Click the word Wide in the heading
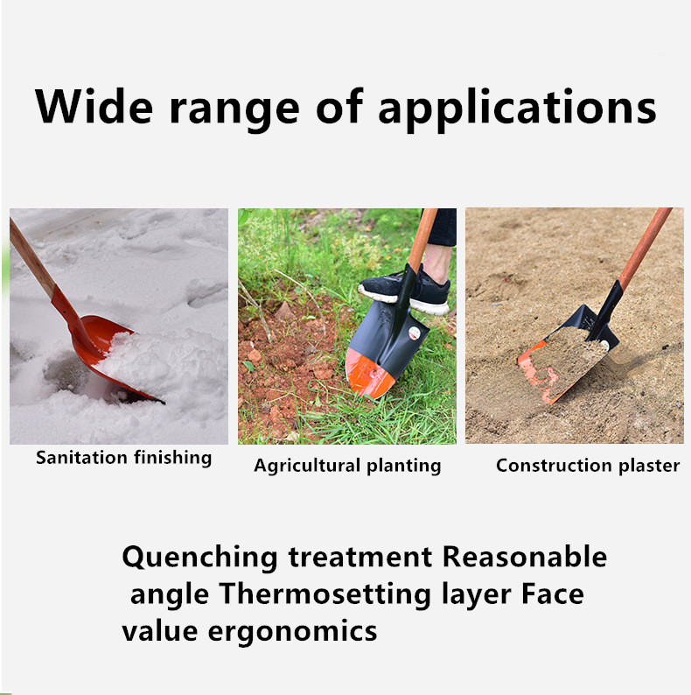coord(94,107)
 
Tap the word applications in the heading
coord(517,110)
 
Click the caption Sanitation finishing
coord(123,459)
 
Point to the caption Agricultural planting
coord(347,467)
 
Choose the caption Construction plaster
coord(588,466)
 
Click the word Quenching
coord(199,558)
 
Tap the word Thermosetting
coord(325,595)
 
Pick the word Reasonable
coord(525,557)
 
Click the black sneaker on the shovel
coord(404,291)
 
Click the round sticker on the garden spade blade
coord(414,333)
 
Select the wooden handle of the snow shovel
coord(31,258)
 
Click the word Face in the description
coord(552,594)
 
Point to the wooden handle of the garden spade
coord(422,238)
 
